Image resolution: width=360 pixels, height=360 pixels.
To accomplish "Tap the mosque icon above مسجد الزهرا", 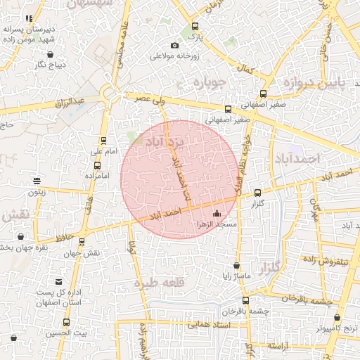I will [216, 213].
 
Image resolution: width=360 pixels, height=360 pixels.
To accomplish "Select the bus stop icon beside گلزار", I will [257, 192].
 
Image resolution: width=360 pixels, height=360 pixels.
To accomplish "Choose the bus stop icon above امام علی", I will [104, 141].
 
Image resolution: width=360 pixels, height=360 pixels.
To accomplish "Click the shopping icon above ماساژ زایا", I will [236, 266].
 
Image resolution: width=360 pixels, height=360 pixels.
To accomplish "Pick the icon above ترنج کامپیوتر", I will [337, 317].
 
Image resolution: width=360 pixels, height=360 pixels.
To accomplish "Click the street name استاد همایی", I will [210, 325].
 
